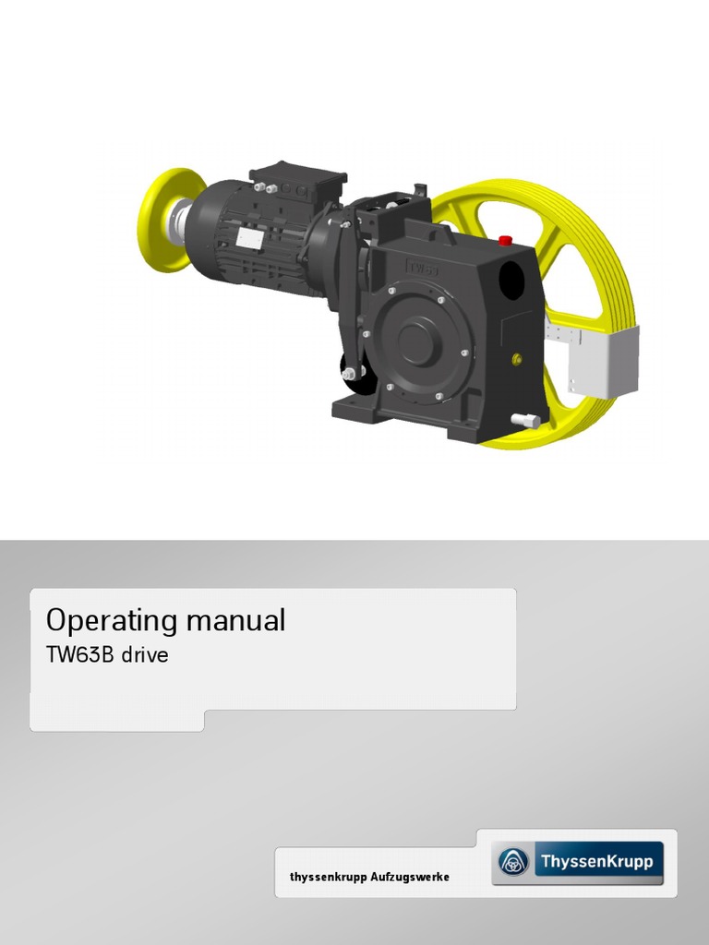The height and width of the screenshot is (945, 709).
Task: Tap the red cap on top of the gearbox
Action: (x=505, y=241)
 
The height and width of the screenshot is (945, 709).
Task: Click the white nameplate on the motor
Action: (x=248, y=238)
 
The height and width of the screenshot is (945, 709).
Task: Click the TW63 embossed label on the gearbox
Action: (x=422, y=269)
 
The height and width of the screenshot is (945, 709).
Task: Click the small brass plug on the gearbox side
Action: (x=516, y=358)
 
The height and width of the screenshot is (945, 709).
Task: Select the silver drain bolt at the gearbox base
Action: (x=524, y=421)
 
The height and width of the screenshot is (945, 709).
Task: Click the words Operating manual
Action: (x=165, y=620)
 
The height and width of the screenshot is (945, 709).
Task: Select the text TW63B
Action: (x=80, y=656)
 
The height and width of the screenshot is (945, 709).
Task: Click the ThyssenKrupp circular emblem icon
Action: (x=513, y=862)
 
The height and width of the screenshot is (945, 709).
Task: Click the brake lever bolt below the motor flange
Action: (x=350, y=374)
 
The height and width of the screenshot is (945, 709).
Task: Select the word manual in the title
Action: (x=235, y=620)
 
